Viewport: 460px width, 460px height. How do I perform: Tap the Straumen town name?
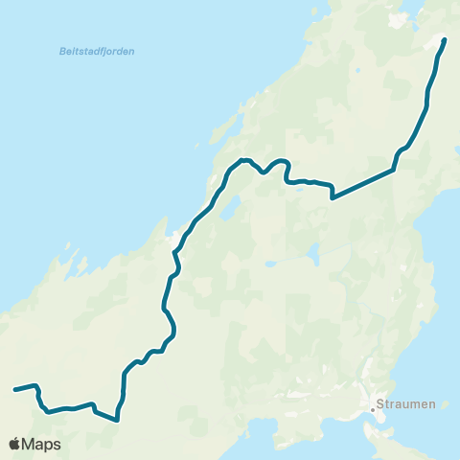(x=407, y=404)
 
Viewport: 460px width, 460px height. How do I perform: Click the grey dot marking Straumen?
(x=373, y=409)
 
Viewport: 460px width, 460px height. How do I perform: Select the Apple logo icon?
(x=14, y=445)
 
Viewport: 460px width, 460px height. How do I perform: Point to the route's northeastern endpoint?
(x=446, y=39)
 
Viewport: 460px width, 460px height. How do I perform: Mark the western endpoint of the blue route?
(x=13, y=390)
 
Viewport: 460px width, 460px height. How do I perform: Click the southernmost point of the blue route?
(x=116, y=419)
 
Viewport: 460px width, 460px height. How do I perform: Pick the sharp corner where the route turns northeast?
(x=332, y=197)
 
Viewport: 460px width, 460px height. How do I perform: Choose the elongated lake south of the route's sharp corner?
(x=311, y=255)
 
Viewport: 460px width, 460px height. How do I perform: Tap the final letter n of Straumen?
(x=432, y=404)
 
